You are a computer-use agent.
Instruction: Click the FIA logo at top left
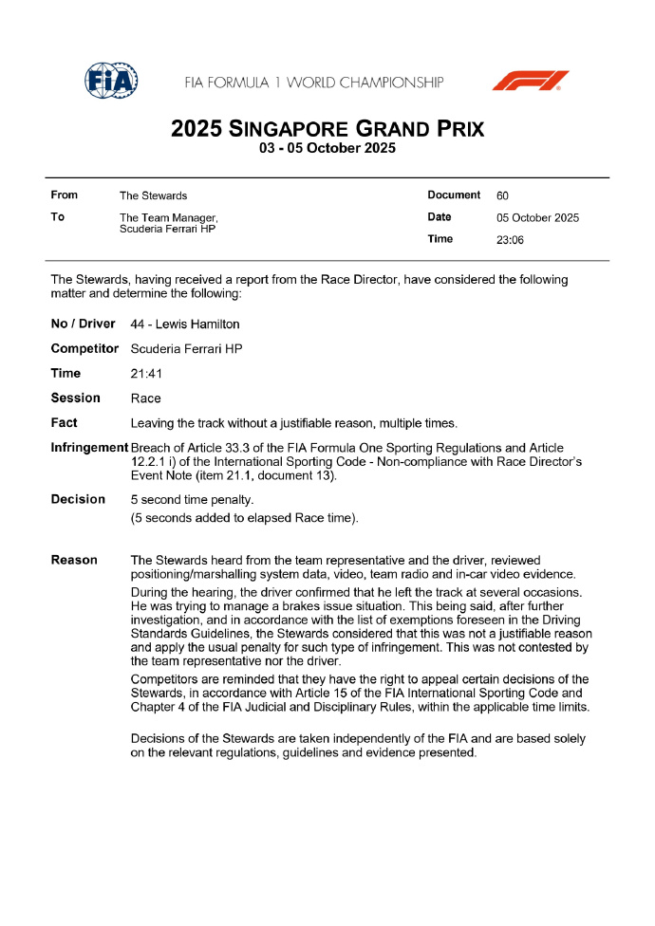(111, 81)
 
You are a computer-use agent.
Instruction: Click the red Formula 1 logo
(530, 81)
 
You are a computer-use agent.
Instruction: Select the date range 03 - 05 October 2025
(327, 149)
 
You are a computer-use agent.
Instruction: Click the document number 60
(502, 195)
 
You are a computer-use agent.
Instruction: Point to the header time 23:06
(511, 240)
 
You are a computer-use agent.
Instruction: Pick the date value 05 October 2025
(537, 217)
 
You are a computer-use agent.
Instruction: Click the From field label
(65, 195)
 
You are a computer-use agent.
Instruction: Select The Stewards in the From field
(153, 195)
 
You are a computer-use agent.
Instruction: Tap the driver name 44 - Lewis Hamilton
(185, 324)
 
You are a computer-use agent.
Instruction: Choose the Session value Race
(145, 398)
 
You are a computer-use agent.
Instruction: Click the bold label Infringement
(89, 447)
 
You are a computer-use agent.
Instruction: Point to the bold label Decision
(78, 499)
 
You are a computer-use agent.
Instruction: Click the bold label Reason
(74, 560)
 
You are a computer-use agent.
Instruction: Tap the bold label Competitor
(84, 349)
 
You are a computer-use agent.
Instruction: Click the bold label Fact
(65, 423)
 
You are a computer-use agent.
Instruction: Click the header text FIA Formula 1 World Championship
(314, 83)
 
